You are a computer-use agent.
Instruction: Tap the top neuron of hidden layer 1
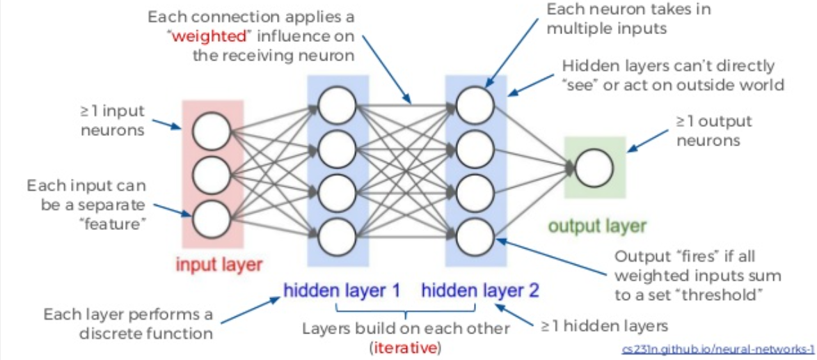(x=337, y=106)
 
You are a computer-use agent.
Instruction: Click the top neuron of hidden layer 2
(x=475, y=106)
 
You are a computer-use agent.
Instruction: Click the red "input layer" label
(x=218, y=265)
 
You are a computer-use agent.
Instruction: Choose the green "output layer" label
(x=597, y=226)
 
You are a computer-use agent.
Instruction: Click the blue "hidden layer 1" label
(x=342, y=289)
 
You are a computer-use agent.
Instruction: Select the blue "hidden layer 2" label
(x=479, y=289)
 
